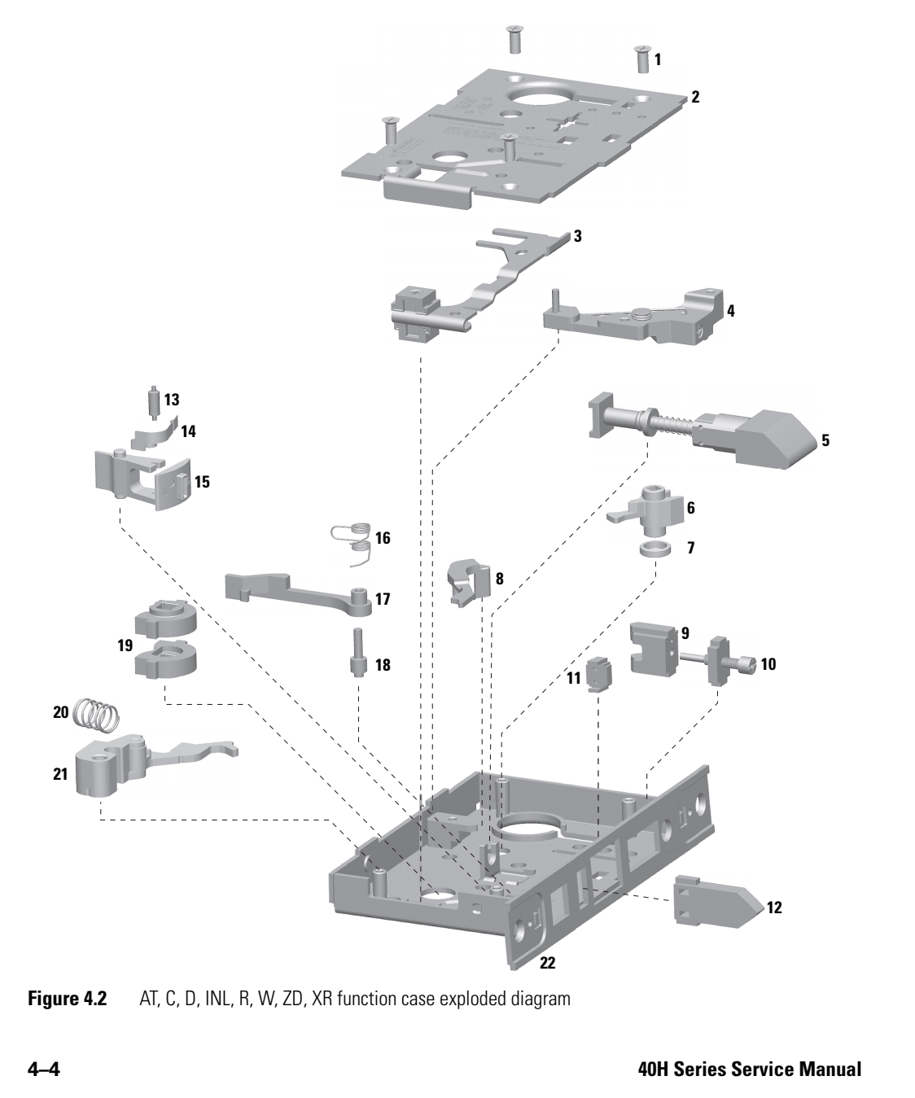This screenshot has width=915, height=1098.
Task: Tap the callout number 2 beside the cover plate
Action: point(695,97)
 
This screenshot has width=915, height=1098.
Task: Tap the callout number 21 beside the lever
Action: point(59,774)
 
